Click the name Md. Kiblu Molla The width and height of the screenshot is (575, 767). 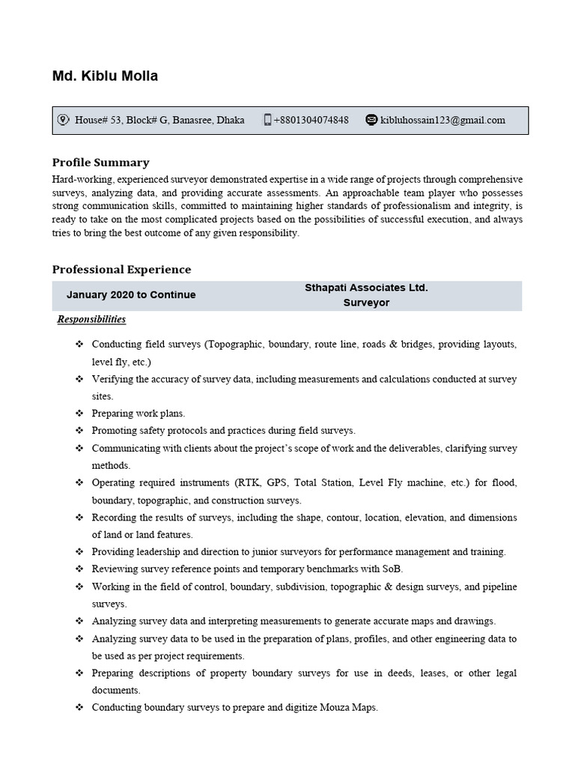pos(105,76)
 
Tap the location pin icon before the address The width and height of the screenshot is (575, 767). pos(63,120)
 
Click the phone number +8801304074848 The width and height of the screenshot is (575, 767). pos(311,120)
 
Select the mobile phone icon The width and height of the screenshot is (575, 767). pos(267,120)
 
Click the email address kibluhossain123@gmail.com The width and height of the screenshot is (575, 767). pos(442,120)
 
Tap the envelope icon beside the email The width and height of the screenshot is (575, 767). pos(371,120)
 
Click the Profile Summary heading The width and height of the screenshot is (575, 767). pos(100,163)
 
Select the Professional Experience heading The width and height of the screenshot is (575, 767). pos(121,270)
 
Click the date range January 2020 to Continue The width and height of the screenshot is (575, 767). pos(131,295)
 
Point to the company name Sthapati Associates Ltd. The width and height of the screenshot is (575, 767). pos(366,288)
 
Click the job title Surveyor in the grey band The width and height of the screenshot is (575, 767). pos(366,303)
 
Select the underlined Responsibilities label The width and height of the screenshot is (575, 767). pos(92,320)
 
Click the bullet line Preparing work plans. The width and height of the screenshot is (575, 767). pos(138,413)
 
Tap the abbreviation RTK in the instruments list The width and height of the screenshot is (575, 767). pos(246,483)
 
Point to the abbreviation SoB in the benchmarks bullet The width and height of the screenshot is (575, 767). pos(392,569)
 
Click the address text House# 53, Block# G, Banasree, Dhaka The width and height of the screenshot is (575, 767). pos(159,120)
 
